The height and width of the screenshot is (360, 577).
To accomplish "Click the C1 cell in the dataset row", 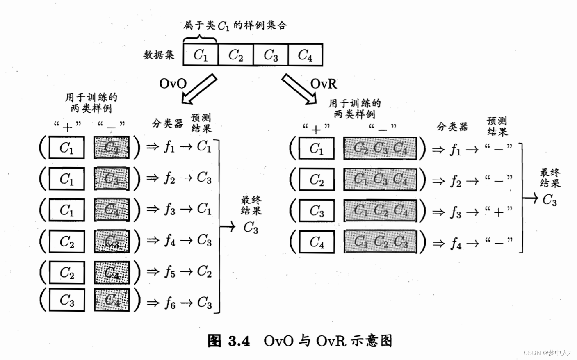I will click(x=201, y=55).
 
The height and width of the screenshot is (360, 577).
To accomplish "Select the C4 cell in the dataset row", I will click(x=305, y=55).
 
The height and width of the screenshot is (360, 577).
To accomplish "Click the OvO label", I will click(x=172, y=84).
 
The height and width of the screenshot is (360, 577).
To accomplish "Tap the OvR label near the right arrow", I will click(x=324, y=84).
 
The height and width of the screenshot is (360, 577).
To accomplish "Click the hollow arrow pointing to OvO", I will click(x=199, y=89).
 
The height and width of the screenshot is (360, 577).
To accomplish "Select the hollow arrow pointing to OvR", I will click(x=299, y=89).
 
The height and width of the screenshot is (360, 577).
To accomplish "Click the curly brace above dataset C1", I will click(x=200, y=39).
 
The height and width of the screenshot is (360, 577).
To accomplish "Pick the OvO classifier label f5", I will click(x=170, y=271).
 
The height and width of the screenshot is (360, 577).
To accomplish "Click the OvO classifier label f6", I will click(x=170, y=303).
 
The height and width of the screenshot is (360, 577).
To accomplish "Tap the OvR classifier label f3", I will click(x=456, y=212).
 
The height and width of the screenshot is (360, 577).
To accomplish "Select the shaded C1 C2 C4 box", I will click(x=380, y=211).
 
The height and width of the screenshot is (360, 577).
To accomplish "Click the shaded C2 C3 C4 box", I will click(x=380, y=148).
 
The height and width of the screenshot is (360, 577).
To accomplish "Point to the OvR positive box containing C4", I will click(x=316, y=242).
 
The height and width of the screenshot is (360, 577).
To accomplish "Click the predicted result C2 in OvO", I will click(x=204, y=271).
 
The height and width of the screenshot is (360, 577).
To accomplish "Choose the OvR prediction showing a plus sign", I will click(x=498, y=212).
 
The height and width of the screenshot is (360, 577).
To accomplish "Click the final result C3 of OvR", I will click(x=550, y=200).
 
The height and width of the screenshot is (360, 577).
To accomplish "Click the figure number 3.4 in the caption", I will click(x=239, y=341).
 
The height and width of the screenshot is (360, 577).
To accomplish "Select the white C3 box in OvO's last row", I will click(x=67, y=300).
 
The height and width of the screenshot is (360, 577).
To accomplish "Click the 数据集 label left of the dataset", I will click(x=159, y=55).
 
